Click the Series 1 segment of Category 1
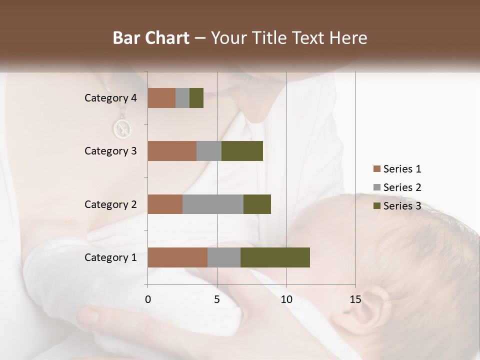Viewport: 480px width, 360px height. (x=177, y=257)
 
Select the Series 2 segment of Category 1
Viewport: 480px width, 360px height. (x=224, y=257)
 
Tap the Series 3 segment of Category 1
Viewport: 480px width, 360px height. (x=275, y=257)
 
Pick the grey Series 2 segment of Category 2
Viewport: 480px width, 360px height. (x=213, y=204)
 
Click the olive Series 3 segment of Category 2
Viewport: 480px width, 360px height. (x=257, y=204)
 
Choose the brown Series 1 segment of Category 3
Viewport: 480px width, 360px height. (x=172, y=151)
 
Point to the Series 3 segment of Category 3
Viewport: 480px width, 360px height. (x=242, y=151)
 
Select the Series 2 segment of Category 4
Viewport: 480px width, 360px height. (x=182, y=98)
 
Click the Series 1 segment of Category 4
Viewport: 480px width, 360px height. (x=161, y=98)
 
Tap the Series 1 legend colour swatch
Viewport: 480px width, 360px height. (x=376, y=169)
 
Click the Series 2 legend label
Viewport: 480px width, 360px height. (x=402, y=187)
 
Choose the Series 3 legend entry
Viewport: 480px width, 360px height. (x=397, y=206)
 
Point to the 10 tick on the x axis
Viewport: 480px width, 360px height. (x=286, y=299)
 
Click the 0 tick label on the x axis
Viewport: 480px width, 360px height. (x=148, y=299)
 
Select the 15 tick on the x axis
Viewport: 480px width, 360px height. (x=355, y=299)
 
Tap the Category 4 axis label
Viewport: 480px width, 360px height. (x=110, y=98)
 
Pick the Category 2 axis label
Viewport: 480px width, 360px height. (x=110, y=204)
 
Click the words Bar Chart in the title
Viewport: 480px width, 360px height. (x=151, y=38)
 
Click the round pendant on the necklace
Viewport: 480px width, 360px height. (x=122, y=129)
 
